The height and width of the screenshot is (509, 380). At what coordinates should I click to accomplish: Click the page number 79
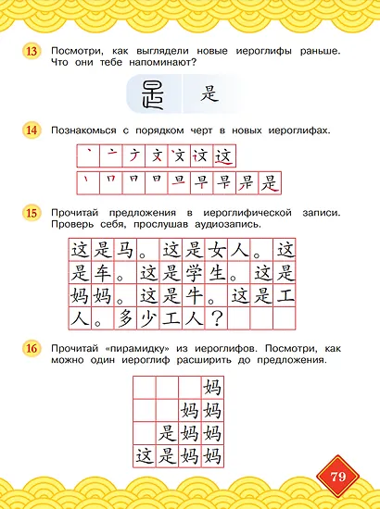338,477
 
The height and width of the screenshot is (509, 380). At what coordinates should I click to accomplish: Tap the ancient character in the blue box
149,94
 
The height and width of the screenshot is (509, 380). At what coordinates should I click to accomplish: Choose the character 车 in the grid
103,274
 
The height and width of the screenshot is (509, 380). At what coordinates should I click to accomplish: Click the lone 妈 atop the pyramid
210,387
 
